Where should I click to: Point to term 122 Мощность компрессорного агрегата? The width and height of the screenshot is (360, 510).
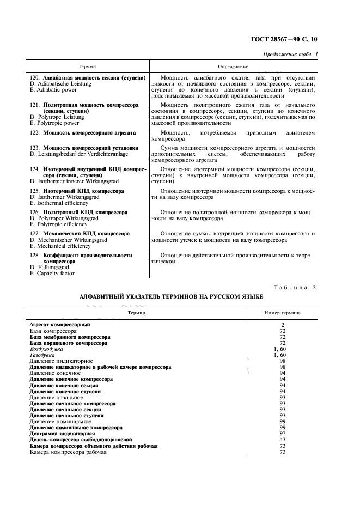point(83,132)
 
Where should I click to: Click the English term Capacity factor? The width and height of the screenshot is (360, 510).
point(52,274)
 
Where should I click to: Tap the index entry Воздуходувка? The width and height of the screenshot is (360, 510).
point(47,349)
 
